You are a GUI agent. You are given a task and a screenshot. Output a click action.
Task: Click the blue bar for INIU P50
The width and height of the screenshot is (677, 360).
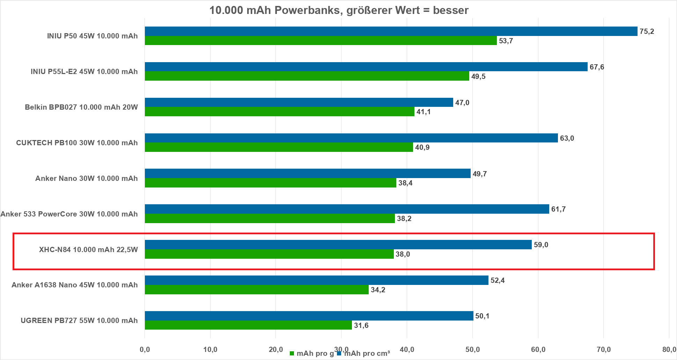(x=391, y=31)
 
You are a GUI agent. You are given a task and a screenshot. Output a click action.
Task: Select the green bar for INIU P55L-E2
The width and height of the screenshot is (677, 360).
(x=307, y=76)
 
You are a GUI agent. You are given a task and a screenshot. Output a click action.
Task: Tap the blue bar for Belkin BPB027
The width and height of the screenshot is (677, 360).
(x=299, y=102)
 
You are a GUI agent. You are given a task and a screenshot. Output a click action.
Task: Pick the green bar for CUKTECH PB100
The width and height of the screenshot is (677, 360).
(x=279, y=147)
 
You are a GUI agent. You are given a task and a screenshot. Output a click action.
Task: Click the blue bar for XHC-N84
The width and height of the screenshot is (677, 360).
(x=338, y=244)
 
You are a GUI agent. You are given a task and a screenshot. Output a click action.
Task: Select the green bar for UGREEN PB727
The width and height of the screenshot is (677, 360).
(x=248, y=325)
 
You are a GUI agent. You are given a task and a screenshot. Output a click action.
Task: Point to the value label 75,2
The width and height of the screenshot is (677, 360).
(x=647, y=31)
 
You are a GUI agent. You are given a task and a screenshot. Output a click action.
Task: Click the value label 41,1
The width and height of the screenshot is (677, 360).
(x=424, y=112)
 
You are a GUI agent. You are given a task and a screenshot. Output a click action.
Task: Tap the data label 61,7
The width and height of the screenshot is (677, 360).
(x=558, y=209)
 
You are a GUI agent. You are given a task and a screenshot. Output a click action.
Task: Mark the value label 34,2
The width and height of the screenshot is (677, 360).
(x=378, y=290)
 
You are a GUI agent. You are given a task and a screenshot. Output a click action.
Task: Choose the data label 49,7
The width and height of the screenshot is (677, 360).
(x=479, y=174)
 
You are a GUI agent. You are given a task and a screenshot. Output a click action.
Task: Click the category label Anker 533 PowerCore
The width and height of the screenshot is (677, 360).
(x=69, y=214)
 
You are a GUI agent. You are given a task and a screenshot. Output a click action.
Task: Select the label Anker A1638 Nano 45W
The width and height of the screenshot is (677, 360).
(x=74, y=285)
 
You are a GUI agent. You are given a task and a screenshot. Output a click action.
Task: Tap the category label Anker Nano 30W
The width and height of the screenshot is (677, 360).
(x=86, y=178)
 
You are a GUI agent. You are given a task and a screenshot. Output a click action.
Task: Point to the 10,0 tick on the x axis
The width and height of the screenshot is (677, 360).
(x=210, y=350)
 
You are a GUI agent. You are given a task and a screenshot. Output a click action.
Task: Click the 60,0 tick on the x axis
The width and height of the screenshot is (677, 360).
(x=538, y=350)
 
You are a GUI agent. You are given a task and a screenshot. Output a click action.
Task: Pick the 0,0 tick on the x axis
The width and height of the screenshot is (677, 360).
(x=145, y=350)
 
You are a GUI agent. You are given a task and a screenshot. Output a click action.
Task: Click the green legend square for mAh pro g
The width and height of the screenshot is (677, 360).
(x=292, y=354)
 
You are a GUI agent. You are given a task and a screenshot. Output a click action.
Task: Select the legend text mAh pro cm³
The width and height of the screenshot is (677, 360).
(x=367, y=353)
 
